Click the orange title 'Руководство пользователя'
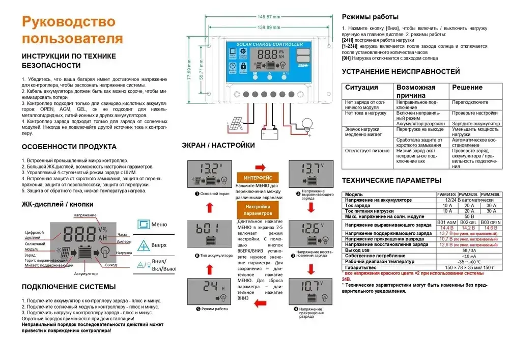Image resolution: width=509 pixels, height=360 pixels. (x=72, y=30)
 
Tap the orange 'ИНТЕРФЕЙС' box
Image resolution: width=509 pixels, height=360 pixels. (x=258, y=177)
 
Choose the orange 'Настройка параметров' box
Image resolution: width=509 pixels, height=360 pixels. (x=258, y=210)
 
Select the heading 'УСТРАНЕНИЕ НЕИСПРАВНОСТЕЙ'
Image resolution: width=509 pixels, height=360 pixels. (x=401, y=71)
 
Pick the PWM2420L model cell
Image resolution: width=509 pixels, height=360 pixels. (x=468, y=195)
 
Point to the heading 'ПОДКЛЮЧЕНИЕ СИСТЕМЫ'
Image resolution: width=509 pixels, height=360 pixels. (x=69, y=287)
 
